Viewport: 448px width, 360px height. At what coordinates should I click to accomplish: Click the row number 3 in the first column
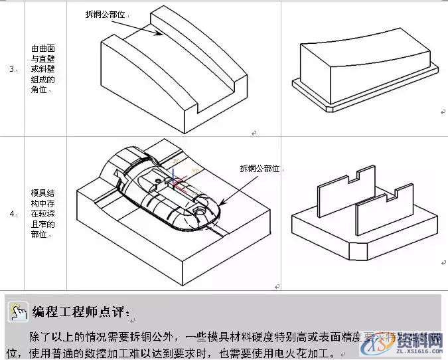tap(12, 69)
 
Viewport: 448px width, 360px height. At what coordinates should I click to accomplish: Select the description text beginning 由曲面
tap(39, 68)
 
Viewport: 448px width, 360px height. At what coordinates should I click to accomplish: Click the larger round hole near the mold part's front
tap(200, 208)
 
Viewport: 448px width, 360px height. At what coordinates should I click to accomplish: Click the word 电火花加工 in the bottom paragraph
tap(312, 353)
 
